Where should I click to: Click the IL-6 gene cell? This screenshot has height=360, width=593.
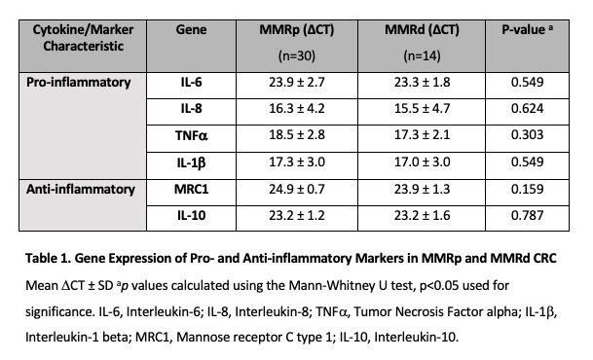click(x=191, y=83)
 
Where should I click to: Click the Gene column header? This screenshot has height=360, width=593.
click(x=191, y=30)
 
